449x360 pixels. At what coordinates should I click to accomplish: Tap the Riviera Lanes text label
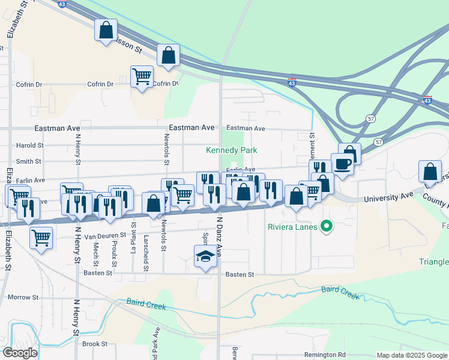coord(294,227)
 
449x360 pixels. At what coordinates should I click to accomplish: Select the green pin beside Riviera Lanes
coord(327,227)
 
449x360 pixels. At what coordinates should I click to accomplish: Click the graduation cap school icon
coord(205,256)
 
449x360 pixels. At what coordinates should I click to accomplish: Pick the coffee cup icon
coord(342,163)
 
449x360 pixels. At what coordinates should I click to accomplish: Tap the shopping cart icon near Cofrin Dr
coord(142,76)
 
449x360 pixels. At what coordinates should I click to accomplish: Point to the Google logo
coord(20,353)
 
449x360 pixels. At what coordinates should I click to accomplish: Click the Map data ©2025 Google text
coord(412,355)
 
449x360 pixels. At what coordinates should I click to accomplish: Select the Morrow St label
coord(23,297)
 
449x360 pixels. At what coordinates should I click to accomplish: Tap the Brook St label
coord(95,344)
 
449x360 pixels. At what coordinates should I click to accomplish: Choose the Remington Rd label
coord(325,355)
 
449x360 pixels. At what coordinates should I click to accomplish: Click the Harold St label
coord(30,145)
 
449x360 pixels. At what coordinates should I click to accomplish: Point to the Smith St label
coord(29,161)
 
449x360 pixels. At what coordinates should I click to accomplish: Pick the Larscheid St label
coord(146,254)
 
